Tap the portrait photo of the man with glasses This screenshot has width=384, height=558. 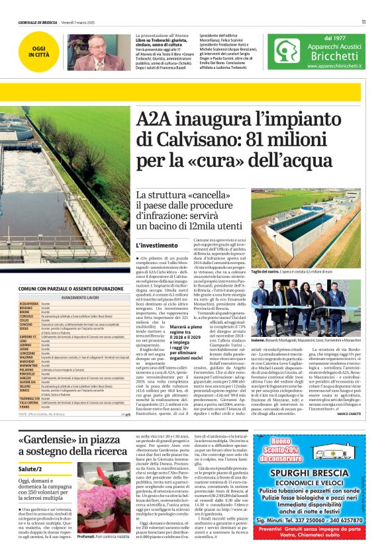tap(91, 52)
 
